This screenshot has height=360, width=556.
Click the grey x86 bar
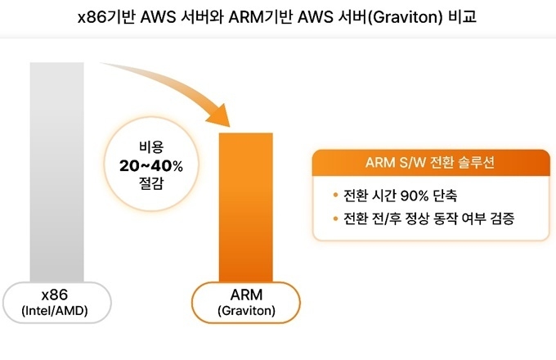pyautogui.click(x=56, y=172)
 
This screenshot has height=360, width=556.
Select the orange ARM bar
pyautogui.click(x=246, y=208)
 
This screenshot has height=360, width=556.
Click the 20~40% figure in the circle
pyautogui.click(x=151, y=165)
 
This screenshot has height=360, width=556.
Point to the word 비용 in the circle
pyautogui.click(x=151, y=146)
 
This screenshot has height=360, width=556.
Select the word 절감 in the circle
pyautogui.click(x=151, y=183)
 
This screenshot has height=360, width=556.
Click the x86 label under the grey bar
pyautogui.click(x=55, y=295)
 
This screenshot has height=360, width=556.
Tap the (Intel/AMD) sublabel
pyautogui.click(x=55, y=311)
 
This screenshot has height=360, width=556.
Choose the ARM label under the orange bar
pyautogui.click(x=246, y=295)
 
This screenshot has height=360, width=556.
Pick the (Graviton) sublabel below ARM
pyautogui.click(x=246, y=311)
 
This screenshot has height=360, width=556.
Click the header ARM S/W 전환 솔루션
pyautogui.click(x=430, y=163)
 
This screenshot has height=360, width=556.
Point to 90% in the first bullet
pyautogui.click(x=415, y=196)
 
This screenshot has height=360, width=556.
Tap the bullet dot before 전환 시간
pyautogui.click(x=335, y=195)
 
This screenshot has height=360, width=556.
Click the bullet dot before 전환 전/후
pyautogui.click(x=335, y=218)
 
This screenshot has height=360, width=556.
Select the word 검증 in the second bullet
pyautogui.click(x=502, y=218)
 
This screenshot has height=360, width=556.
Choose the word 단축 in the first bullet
pyautogui.click(x=446, y=196)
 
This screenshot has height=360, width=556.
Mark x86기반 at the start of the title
pyautogui.click(x=106, y=17)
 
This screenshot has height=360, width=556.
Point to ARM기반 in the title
pyautogui.click(x=261, y=17)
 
